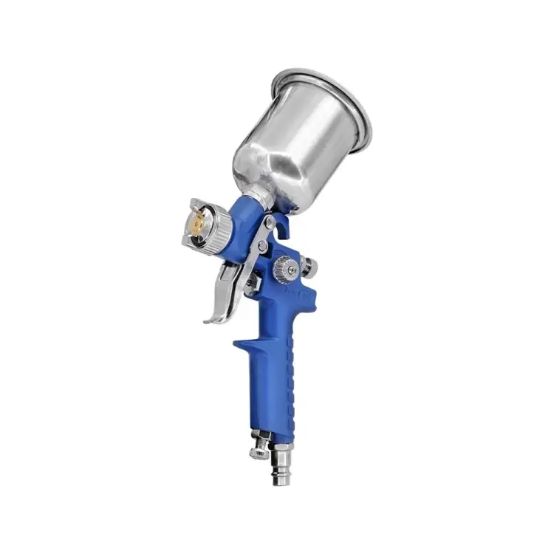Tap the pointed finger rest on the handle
click(240, 344)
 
